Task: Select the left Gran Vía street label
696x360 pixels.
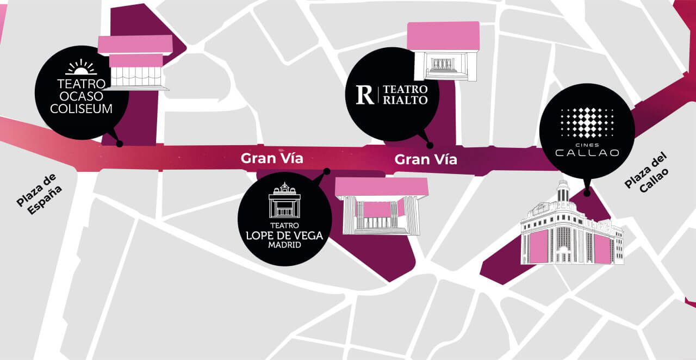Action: [272, 158]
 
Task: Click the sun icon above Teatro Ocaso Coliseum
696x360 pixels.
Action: [81, 67]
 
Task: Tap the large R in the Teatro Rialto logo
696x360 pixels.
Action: [365, 95]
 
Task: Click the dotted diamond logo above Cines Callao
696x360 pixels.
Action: [587, 122]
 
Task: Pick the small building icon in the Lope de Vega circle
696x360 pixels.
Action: [284, 201]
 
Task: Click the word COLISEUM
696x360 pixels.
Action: [81, 109]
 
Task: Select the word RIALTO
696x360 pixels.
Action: [405, 100]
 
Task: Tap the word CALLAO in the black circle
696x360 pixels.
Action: [587, 153]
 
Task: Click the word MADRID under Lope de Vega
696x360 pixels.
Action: [284, 245]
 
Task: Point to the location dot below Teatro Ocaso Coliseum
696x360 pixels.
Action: [119, 144]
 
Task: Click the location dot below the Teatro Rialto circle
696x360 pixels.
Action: [430, 145]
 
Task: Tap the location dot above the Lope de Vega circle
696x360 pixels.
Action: [326, 171]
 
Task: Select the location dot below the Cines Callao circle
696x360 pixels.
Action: [587, 193]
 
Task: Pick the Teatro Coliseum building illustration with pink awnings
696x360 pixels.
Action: [136, 63]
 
